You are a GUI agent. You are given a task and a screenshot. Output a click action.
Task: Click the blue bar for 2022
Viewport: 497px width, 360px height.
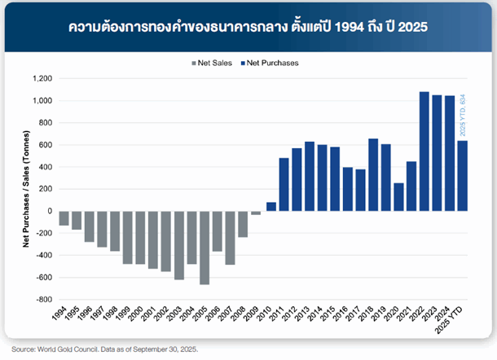[x=424, y=151]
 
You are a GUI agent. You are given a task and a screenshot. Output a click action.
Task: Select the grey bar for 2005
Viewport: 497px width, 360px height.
[x=205, y=248]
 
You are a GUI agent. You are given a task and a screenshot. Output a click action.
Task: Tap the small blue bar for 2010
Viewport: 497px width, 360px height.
[x=271, y=207]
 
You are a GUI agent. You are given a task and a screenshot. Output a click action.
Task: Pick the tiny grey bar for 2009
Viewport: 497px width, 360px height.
[x=256, y=213]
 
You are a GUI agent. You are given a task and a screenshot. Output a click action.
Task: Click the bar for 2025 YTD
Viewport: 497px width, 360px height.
[x=462, y=176]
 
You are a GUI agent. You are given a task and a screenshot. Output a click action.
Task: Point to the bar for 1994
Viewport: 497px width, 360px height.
[x=64, y=218]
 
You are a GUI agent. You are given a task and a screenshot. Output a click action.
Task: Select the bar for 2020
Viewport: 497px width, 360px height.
[x=398, y=197]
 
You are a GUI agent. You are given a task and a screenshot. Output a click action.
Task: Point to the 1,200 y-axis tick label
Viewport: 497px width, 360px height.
[x=40, y=79]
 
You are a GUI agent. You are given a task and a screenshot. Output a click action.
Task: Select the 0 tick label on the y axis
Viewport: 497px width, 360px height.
[x=50, y=211]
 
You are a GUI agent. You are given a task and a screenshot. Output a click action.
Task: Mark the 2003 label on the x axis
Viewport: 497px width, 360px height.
[x=178, y=314]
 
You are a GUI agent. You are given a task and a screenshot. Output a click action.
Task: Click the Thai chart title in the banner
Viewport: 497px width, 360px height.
[x=248, y=27]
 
